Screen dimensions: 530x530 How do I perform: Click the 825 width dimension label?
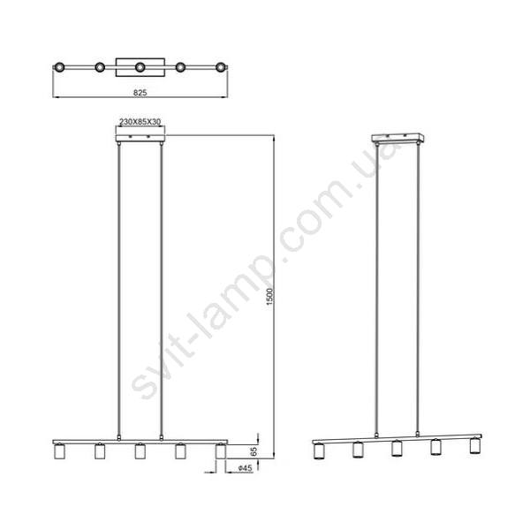point(140,93)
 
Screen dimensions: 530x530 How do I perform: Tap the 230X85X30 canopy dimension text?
point(140,122)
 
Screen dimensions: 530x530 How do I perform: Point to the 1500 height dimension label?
point(269,297)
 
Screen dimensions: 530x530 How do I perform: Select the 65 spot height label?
point(254,451)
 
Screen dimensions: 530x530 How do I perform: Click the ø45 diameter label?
point(245,468)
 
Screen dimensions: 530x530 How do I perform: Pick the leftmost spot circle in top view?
point(59,67)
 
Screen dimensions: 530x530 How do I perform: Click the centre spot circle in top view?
point(140,67)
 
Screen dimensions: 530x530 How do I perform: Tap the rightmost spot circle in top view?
point(221,67)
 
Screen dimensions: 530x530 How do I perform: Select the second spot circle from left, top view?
point(100,67)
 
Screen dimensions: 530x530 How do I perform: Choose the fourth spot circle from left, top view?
point(180,67)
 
